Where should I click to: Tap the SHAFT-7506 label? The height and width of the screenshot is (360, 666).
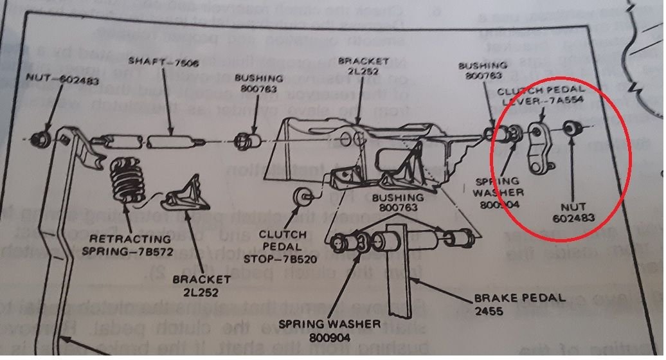click(x=156, y=62)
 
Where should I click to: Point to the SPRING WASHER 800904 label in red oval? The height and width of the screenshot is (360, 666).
click(x=500, y=192)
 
